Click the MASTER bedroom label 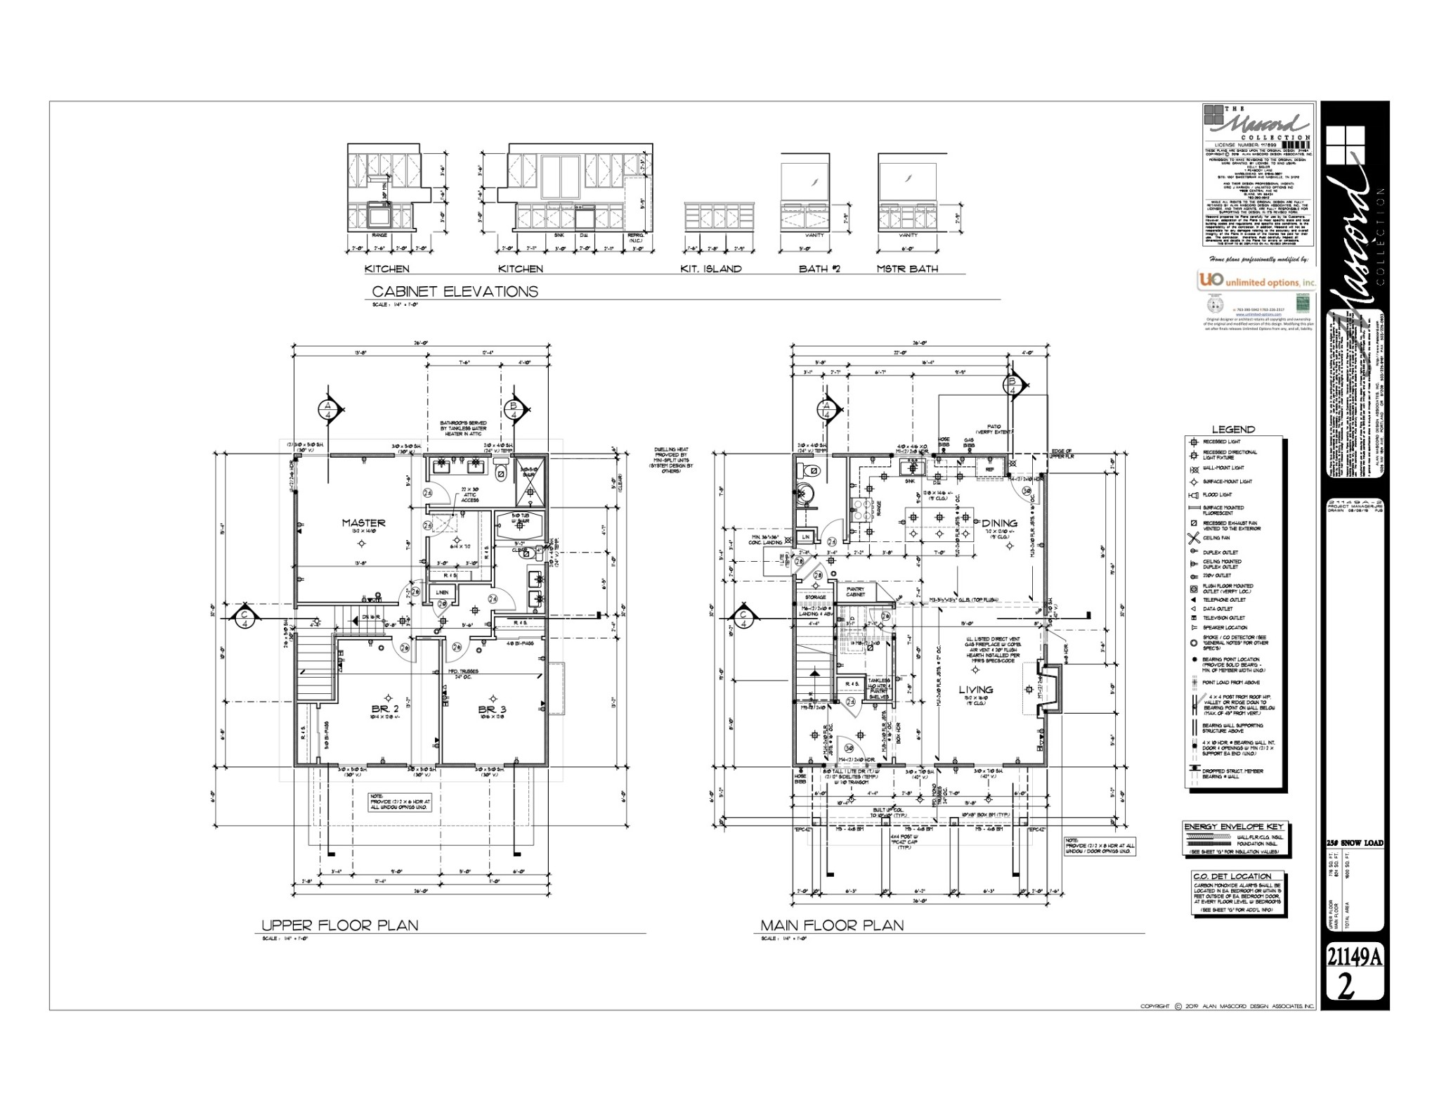tap(363, 523)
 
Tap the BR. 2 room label tap(385, 709)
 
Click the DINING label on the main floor tap(999, 523)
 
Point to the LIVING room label tap(976, 690)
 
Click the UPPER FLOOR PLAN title tap(339, 925)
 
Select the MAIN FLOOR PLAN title tap(832, 925)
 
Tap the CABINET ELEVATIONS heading tap(455, 291)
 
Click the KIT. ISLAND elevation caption tap(710, 269)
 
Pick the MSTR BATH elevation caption tap(906, 269)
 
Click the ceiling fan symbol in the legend tap(1193, 539)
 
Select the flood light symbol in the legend tap(1192, 495)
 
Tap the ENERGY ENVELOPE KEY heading tap(1232, 827)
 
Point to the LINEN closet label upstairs tap(441, 593)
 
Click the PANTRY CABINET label tap(855, 592)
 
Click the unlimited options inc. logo tap(1256, 281)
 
